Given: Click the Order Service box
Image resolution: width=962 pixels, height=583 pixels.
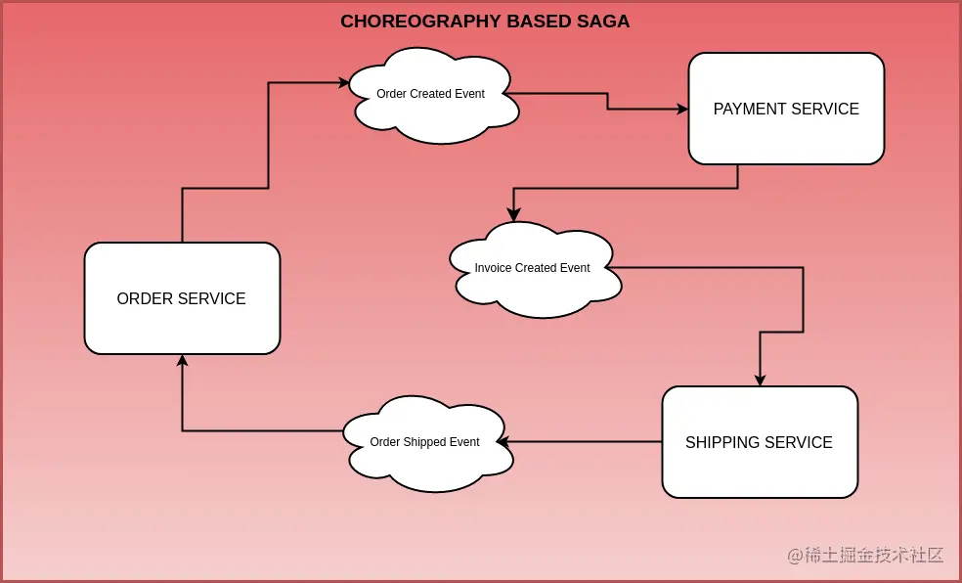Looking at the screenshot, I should (182, 298).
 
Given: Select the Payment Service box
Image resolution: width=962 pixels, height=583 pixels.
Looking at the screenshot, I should (786, 109).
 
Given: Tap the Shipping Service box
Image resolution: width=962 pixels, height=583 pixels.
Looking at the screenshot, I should (760, 442).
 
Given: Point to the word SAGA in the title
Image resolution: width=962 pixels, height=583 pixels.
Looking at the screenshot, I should (606, 22).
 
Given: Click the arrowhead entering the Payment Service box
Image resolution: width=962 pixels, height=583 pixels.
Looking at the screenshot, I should (682, 109).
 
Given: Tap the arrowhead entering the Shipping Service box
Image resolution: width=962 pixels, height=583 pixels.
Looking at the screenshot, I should (760, 381).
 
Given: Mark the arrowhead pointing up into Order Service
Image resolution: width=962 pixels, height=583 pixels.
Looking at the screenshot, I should (182, 360).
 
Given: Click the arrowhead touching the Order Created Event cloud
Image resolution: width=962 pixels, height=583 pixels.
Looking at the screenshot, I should (344, 83).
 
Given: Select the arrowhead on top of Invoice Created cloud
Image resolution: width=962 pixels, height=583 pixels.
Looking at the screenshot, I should (513, 215).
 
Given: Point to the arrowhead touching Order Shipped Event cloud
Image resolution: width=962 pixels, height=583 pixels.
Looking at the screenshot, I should (503, 442).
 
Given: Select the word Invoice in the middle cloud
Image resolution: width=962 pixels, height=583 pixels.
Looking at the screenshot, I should (493, 268).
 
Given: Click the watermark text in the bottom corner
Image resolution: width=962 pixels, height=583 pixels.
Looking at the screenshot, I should (865, 556).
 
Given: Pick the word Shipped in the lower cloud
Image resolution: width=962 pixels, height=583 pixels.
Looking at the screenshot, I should (424, 442).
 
